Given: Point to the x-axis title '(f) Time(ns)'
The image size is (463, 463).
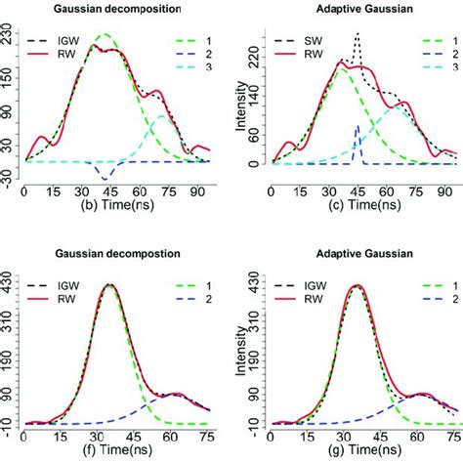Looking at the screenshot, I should [105, 453].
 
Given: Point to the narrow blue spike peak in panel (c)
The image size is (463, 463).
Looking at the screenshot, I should [358, 126].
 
